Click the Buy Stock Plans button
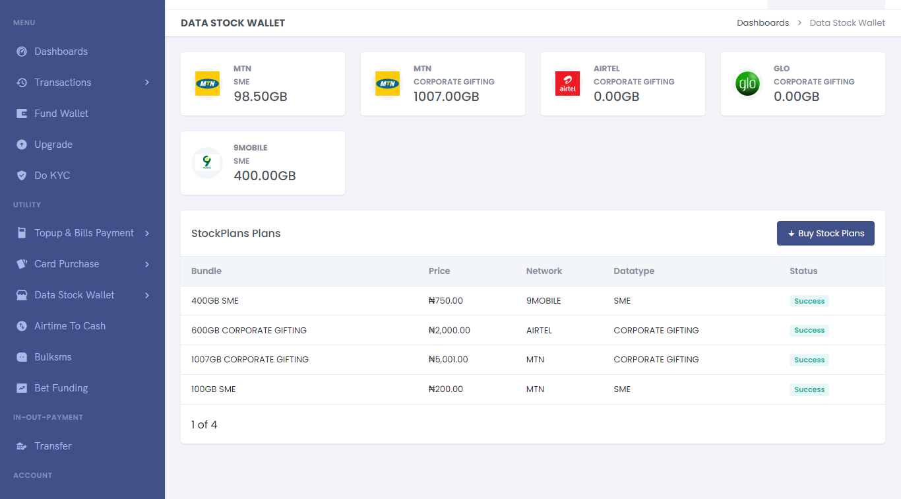(x=825, y=234)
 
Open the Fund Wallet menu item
(x=61, y=114)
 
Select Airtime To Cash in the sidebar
(x=69, y=326)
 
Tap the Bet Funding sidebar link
(x=61, y=388)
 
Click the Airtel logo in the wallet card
(x=567, y=84)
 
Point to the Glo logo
(x=747, y=84)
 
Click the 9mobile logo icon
(x=207, y=163)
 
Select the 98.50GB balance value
(x=261, y=97)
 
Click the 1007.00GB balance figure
(x=446, y=97)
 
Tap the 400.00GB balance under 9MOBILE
(x=264, y=176)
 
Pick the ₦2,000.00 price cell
(x=449, y=330)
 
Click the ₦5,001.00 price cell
(x=448, y=360)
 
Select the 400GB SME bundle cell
(x=215, y=301)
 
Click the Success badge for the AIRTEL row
(x=809, y=331)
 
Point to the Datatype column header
(x=634, y=271)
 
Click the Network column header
(x=544, y=271)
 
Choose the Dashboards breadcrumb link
(x=762, y=23)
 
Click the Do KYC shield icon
(x=22, y=176)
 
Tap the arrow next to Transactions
(x=147, y=83)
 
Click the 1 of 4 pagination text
(x=204, y=424)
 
